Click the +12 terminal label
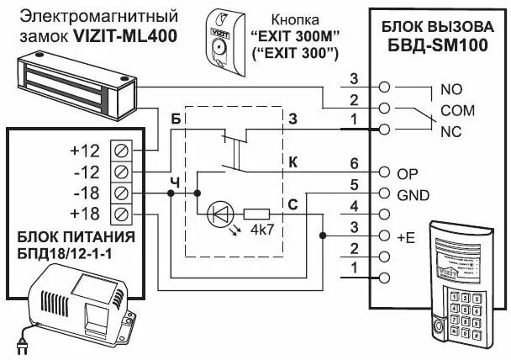tap(84, 151)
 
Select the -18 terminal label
tap(84, 193)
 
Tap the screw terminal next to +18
tap(121, 214)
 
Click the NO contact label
tap(440, 88)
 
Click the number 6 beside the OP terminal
tap(354, 162)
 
